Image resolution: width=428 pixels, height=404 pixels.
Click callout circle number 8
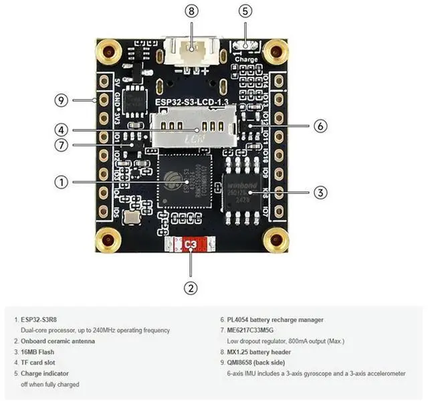193,11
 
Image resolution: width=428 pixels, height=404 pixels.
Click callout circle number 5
245,11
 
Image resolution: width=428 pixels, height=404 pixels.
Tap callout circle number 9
62,100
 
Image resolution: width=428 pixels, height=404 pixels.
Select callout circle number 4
62,130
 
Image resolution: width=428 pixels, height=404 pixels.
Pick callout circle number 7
62,145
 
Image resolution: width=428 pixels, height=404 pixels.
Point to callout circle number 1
62,181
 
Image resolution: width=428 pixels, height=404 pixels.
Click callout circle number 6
320,125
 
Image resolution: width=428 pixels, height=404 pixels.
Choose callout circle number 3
320,192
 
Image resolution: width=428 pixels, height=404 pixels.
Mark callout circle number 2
191,288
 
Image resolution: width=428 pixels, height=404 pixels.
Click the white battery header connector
191,53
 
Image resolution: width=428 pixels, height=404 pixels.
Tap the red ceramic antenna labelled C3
191,245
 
